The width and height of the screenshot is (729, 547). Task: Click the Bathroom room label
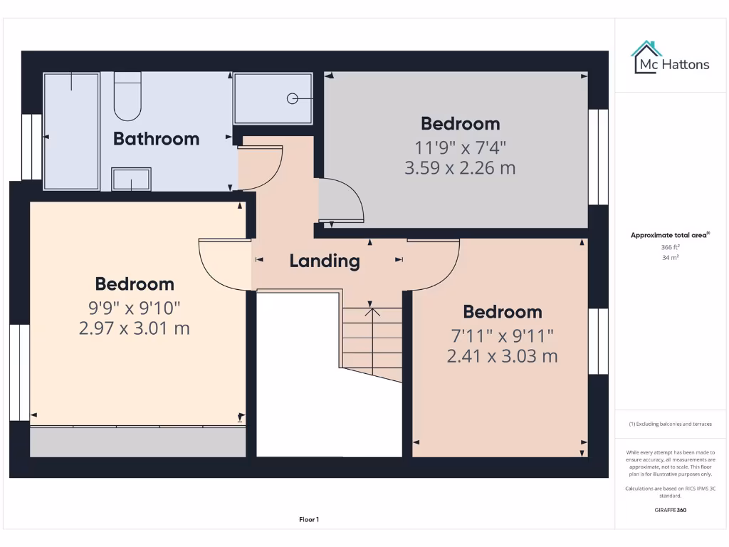click(156, 138)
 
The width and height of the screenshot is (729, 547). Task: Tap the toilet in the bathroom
click(127, 97)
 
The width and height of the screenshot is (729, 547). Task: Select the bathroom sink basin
click(131, 179)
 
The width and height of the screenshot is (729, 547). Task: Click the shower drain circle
click(293, 99)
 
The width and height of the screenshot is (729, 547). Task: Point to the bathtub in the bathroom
click(71, 131)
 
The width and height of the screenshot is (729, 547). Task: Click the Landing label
click(325, 261)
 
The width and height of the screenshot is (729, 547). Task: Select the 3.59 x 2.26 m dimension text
click(460, 169)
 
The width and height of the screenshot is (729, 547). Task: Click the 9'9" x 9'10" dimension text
click(135, 308)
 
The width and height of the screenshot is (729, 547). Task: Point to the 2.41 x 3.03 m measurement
click(502, 356)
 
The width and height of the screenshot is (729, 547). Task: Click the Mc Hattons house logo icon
click(646, 57)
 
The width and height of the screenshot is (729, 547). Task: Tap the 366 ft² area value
click(671, 247)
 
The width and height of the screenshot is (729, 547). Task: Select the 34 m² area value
click(671, 258)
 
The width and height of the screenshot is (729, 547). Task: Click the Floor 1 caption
click(309, 520)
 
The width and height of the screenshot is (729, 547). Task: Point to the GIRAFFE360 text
click(670, 510)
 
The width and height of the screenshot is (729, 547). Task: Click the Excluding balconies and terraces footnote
click(670, 424)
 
